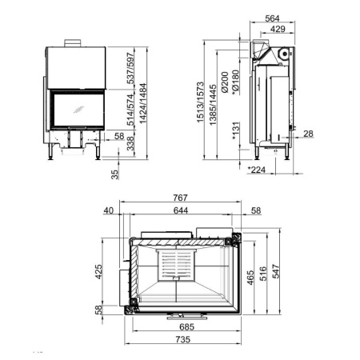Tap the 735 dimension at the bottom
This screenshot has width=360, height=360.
pos(183,340)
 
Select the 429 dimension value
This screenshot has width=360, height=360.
pos(278,30)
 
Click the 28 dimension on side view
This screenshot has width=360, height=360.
pos(308,134)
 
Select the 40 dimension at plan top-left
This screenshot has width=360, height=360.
pos(109,210)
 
